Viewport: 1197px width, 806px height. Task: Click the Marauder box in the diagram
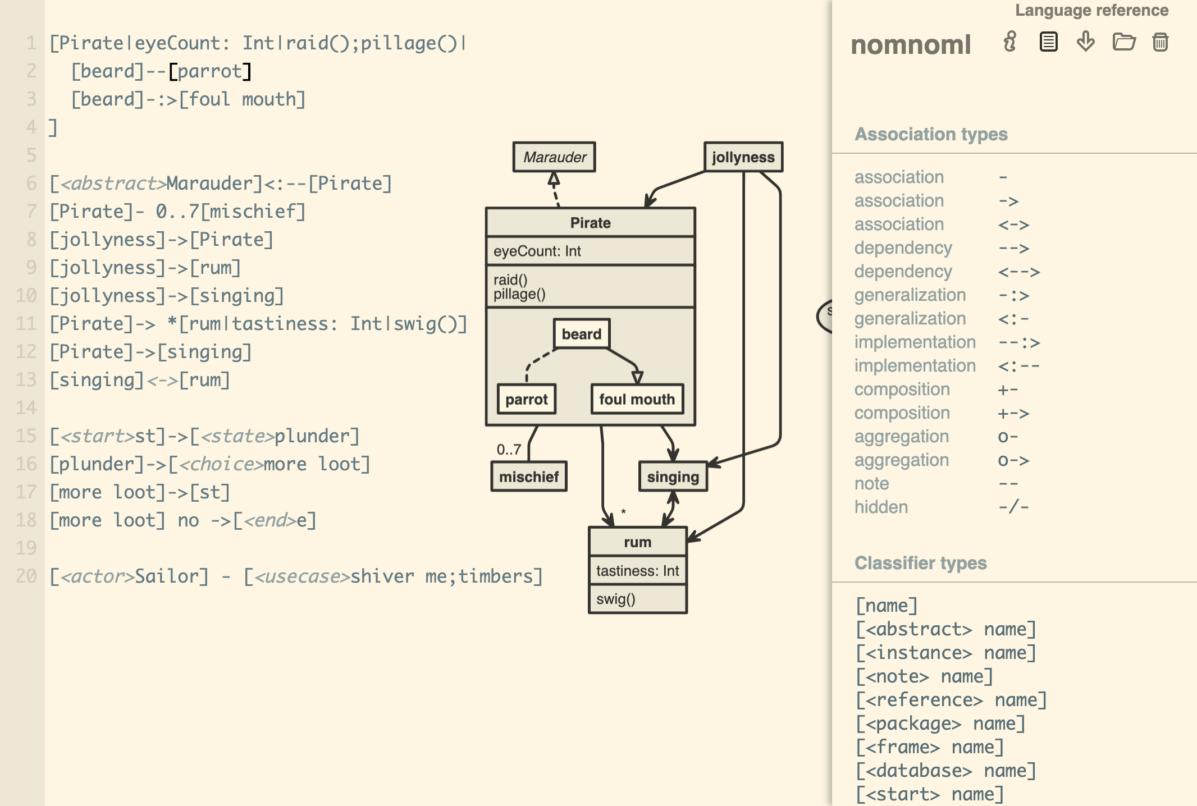point(554,157)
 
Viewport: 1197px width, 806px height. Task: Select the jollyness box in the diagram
point(743,157)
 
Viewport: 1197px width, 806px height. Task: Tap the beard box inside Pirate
point(581,334)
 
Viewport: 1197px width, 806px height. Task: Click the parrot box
point(526,399)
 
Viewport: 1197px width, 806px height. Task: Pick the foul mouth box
point(637,399)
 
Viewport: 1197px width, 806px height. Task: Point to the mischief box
point(528,477)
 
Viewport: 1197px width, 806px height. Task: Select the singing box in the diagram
point(673,477)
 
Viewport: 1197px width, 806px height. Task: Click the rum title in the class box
point(637,542)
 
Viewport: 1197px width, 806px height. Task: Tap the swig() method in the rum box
point(615,599)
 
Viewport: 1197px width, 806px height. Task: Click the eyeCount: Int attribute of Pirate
point(537,251)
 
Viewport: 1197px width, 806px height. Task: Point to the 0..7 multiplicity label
point(509,449)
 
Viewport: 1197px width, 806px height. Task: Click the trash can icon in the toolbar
point(1160,42)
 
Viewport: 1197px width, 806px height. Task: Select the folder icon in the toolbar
point(1123,42)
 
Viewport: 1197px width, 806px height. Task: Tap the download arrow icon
point(1085,42)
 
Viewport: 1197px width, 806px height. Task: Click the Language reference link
point(1091,10)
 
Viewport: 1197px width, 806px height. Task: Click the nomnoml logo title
point(911,44)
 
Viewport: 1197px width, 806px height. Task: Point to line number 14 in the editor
point(26,407)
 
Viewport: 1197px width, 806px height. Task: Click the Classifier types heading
point(920,562)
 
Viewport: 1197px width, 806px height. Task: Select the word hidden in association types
point(881,507)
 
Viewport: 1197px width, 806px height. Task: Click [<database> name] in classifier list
point(945,770)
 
